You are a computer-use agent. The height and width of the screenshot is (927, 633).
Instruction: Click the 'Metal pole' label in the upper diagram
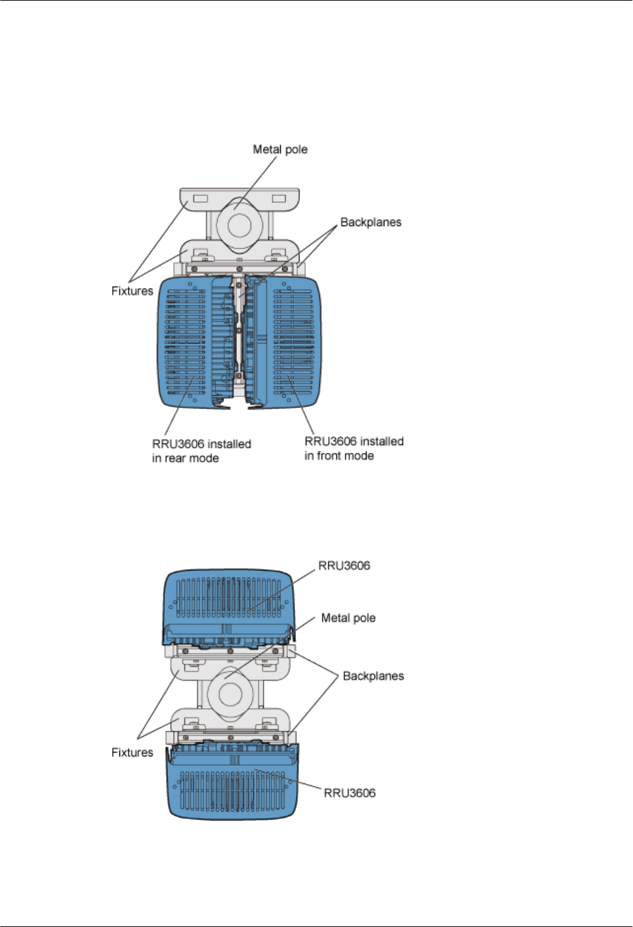[x=280, y=149]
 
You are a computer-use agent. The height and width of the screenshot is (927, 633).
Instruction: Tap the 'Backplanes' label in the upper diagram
[x=371, y=222]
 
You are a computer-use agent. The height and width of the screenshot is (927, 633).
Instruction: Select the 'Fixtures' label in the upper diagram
[x=132, y=291]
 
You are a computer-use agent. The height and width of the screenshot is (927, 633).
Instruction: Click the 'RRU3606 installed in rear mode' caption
[x=201, y=451]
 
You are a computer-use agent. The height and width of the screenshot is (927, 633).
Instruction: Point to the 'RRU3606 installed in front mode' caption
[x=354, y=448]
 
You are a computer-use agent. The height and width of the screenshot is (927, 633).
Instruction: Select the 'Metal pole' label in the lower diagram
[x=348, y=618]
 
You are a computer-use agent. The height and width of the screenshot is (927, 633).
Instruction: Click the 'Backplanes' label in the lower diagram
[x=373, y=676]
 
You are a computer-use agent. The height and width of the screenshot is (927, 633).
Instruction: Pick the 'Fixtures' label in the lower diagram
[x=132, y=753]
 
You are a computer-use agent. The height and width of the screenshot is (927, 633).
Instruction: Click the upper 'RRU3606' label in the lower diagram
[x=344, y=566]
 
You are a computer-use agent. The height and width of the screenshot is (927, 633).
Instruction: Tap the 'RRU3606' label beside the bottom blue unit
[x=350, y=793]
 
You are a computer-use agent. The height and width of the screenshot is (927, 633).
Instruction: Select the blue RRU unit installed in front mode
[x=292, y=341]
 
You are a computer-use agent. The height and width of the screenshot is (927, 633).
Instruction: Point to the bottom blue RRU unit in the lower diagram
[x=233, y=787]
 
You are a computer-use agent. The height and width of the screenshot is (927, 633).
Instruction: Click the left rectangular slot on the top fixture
[x=201, y=198]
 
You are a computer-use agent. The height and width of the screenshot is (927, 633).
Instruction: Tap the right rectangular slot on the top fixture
[x=279, y=198]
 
